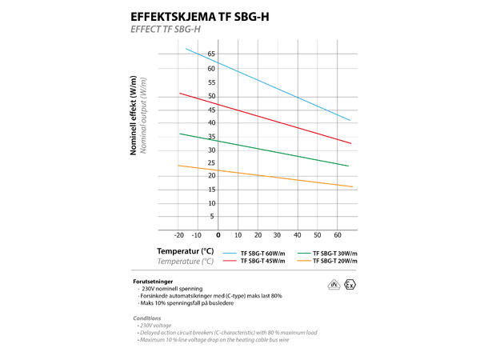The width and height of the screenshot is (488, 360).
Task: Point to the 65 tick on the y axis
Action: pos(211,54)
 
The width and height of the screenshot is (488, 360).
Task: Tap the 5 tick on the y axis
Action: pos(211,216)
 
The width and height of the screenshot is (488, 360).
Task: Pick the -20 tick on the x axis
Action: pos(179,235)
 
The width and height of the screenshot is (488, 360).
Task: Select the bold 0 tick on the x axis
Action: pos(218,235)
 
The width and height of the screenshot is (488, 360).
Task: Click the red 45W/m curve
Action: pos(272,119)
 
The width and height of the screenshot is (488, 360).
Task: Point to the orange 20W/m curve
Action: pos(272,176)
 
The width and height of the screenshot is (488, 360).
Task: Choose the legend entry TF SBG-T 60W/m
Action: pos(264,253)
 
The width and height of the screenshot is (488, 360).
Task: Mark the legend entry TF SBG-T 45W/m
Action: pos(264,261)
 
